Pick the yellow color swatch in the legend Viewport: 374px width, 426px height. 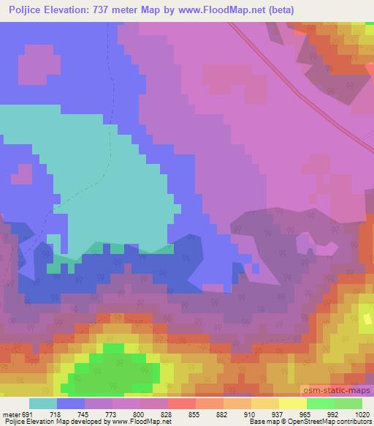[x=292, y=404]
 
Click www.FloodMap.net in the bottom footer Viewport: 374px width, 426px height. [x=142, y=422]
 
